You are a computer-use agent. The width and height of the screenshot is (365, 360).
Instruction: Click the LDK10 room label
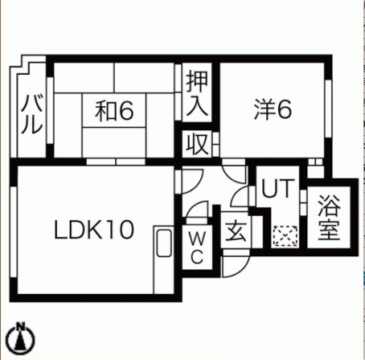[94, 230]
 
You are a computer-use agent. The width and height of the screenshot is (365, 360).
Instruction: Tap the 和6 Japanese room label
[114, 111]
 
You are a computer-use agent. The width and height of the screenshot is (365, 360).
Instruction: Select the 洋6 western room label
[273, 109]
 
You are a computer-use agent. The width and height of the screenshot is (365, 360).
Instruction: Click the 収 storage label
[198, 144]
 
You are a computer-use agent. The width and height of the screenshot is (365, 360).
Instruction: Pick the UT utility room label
[277, 188]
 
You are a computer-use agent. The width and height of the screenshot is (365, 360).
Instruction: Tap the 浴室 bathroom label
[330, 217]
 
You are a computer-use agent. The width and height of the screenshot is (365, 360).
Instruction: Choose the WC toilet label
[197, 247]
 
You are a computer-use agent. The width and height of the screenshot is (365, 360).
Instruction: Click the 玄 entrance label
[236, 231]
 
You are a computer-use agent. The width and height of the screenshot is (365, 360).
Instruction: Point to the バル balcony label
[32, 114]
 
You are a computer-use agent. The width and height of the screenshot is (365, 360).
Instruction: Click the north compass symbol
[21, 339]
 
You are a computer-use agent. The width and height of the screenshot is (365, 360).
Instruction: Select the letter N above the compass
[20, 326]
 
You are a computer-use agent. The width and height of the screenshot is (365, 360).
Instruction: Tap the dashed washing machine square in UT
[285, 236]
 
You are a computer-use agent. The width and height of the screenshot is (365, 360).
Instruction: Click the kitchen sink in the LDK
[164, 243]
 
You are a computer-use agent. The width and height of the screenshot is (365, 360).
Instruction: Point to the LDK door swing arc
[197, 185]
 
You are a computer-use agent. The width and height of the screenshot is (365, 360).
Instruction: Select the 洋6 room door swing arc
[230, 178]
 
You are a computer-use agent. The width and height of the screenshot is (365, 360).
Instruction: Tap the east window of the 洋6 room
[328, 108]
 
